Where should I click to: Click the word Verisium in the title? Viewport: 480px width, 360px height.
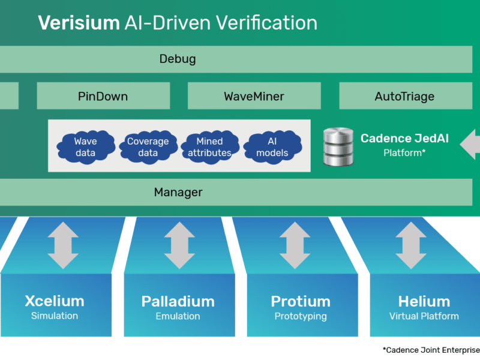[x=79, y=23]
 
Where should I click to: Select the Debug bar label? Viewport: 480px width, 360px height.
[x=178, y=59]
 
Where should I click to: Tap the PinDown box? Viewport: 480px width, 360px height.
[x=103, y=96]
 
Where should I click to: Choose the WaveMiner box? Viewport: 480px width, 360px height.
[x=254, y=96]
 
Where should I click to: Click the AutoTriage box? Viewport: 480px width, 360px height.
[x=404, y=96]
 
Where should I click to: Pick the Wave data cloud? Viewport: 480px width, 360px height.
[x=85, y=147]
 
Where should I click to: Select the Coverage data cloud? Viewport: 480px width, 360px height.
[x=148, y=147]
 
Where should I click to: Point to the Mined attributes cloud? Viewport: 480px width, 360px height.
[x=209, y=147]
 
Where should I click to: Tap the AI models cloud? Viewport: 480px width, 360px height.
[x=272, y=147]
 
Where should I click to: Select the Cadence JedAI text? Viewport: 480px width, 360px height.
[x=404, y=139]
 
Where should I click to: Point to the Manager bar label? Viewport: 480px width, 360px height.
[x=178, y=193]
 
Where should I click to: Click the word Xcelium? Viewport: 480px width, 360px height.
[x=55, y=301]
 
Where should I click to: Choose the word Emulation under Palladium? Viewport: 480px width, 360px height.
[x=178, y=316]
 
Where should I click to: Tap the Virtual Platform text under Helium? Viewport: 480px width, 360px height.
[x=424, y=316]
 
